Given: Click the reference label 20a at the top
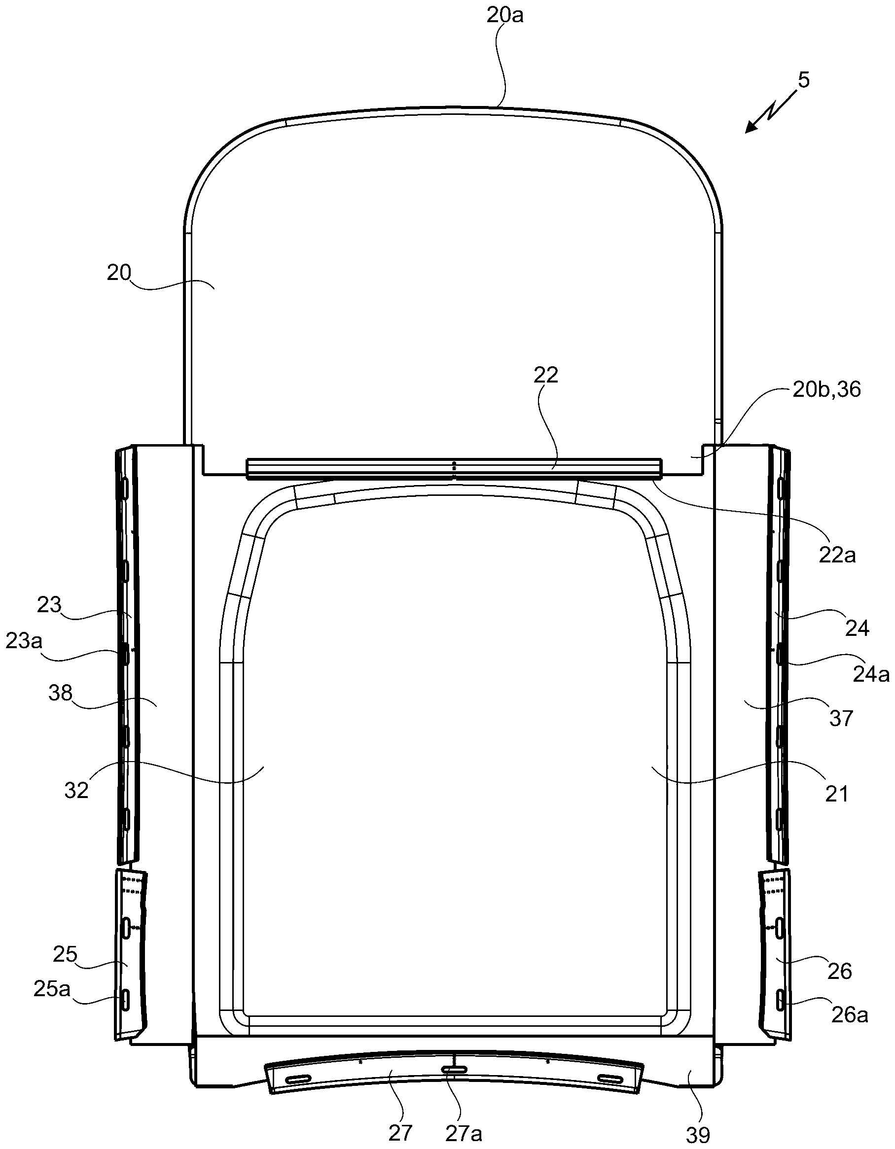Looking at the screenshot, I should tap(504, 15).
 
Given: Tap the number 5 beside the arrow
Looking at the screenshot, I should tap(803, 80).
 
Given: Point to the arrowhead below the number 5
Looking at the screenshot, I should tap(751, 128).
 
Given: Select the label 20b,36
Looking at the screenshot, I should tap(826, 389).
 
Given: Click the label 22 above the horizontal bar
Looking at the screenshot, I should tap(545, 375).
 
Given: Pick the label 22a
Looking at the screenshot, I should tap(837, 555).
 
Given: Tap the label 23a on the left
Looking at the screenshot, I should tap(24, 641).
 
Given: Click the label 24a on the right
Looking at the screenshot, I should tap(871, 674).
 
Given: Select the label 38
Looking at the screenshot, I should tap(60, 693).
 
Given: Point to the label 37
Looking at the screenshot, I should tap(841, 718).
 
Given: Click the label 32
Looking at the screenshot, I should tap(76, 791).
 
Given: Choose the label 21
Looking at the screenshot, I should tap(837, 794).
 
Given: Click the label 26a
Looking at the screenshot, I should tap(850, 1015).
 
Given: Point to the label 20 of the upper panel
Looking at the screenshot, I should tap(119, 273).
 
